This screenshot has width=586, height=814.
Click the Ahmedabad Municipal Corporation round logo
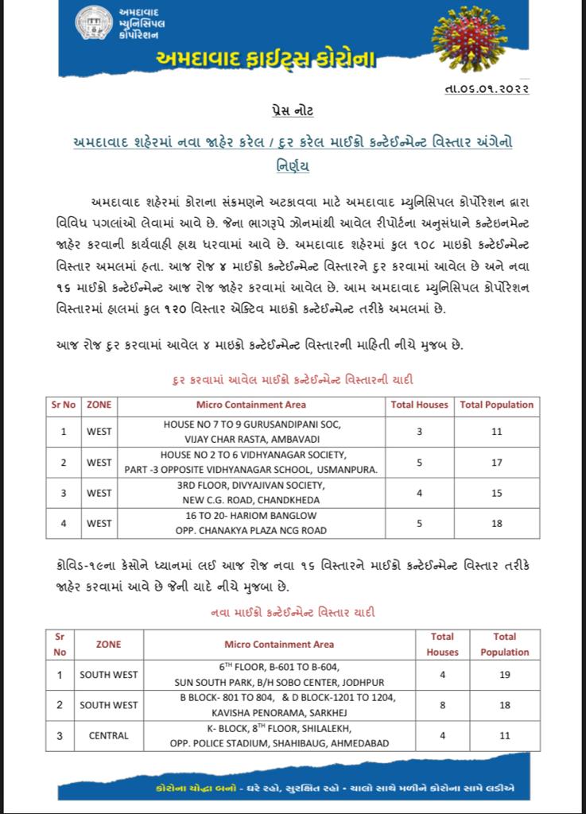tap(94, 23)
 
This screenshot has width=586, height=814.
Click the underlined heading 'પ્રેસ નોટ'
tap(293, 110)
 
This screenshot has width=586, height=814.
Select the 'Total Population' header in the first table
tap(497, 405)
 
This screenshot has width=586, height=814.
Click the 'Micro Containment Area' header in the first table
tap(252, 405)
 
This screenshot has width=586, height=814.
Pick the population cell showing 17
tap(497, 462)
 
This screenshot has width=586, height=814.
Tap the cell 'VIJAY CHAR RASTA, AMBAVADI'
tap(252, 439)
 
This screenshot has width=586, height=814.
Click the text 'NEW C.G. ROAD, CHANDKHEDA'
tap(252, 500)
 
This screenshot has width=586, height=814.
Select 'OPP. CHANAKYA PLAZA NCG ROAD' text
tap(252, 530)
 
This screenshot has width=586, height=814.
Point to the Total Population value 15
tap(497, 493)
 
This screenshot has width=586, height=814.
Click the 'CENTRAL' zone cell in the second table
tap(109, 736)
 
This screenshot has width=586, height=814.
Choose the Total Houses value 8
tap(443, 705)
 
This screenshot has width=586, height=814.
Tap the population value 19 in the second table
tap(504, 675)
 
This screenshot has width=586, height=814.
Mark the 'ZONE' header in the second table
tap(109, 644)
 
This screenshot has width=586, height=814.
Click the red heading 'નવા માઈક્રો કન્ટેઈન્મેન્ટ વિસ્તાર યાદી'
tap(293, 613)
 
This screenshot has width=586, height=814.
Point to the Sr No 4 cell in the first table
tap(63, 523)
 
